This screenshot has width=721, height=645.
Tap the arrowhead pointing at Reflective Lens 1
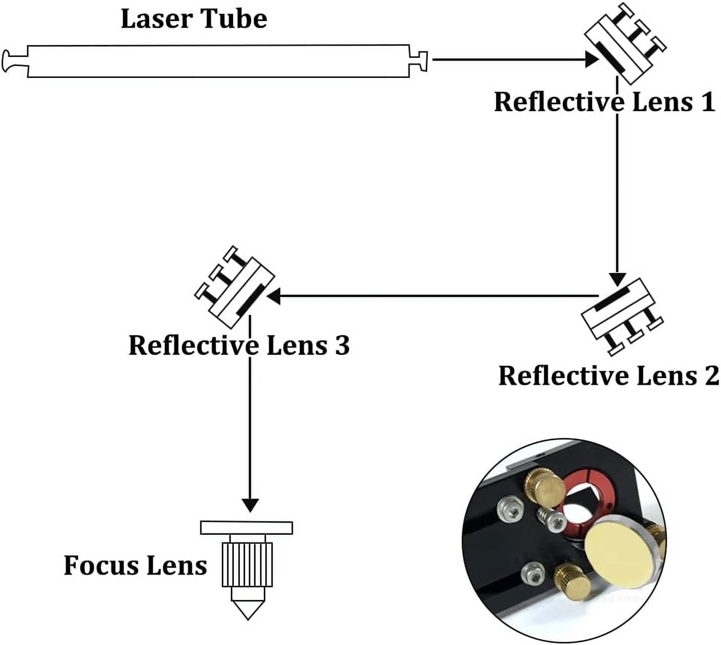pyautogui.click(x=592, y=59)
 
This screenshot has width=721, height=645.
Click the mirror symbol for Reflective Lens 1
pyautogui.click(x=625, y=43)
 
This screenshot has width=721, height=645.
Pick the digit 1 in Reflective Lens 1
pyautogui.click(x=708, y=102)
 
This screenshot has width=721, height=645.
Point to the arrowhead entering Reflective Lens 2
pyautogui.click(x=617, y=279)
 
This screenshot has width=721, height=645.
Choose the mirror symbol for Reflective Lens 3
pyautogui.click(x=235, y=287)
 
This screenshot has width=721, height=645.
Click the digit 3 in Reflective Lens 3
pyautogui.click(x=342, y=345)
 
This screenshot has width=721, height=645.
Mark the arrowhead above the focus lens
pyautogui.click(x=250, y=505)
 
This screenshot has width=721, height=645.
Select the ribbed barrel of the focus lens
pyautogui.click(x=247, y=565)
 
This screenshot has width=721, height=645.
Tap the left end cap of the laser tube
pyautogui.click(x=15, y=61)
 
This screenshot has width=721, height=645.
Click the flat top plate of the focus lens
pyautogui.click(x=247, y=528)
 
